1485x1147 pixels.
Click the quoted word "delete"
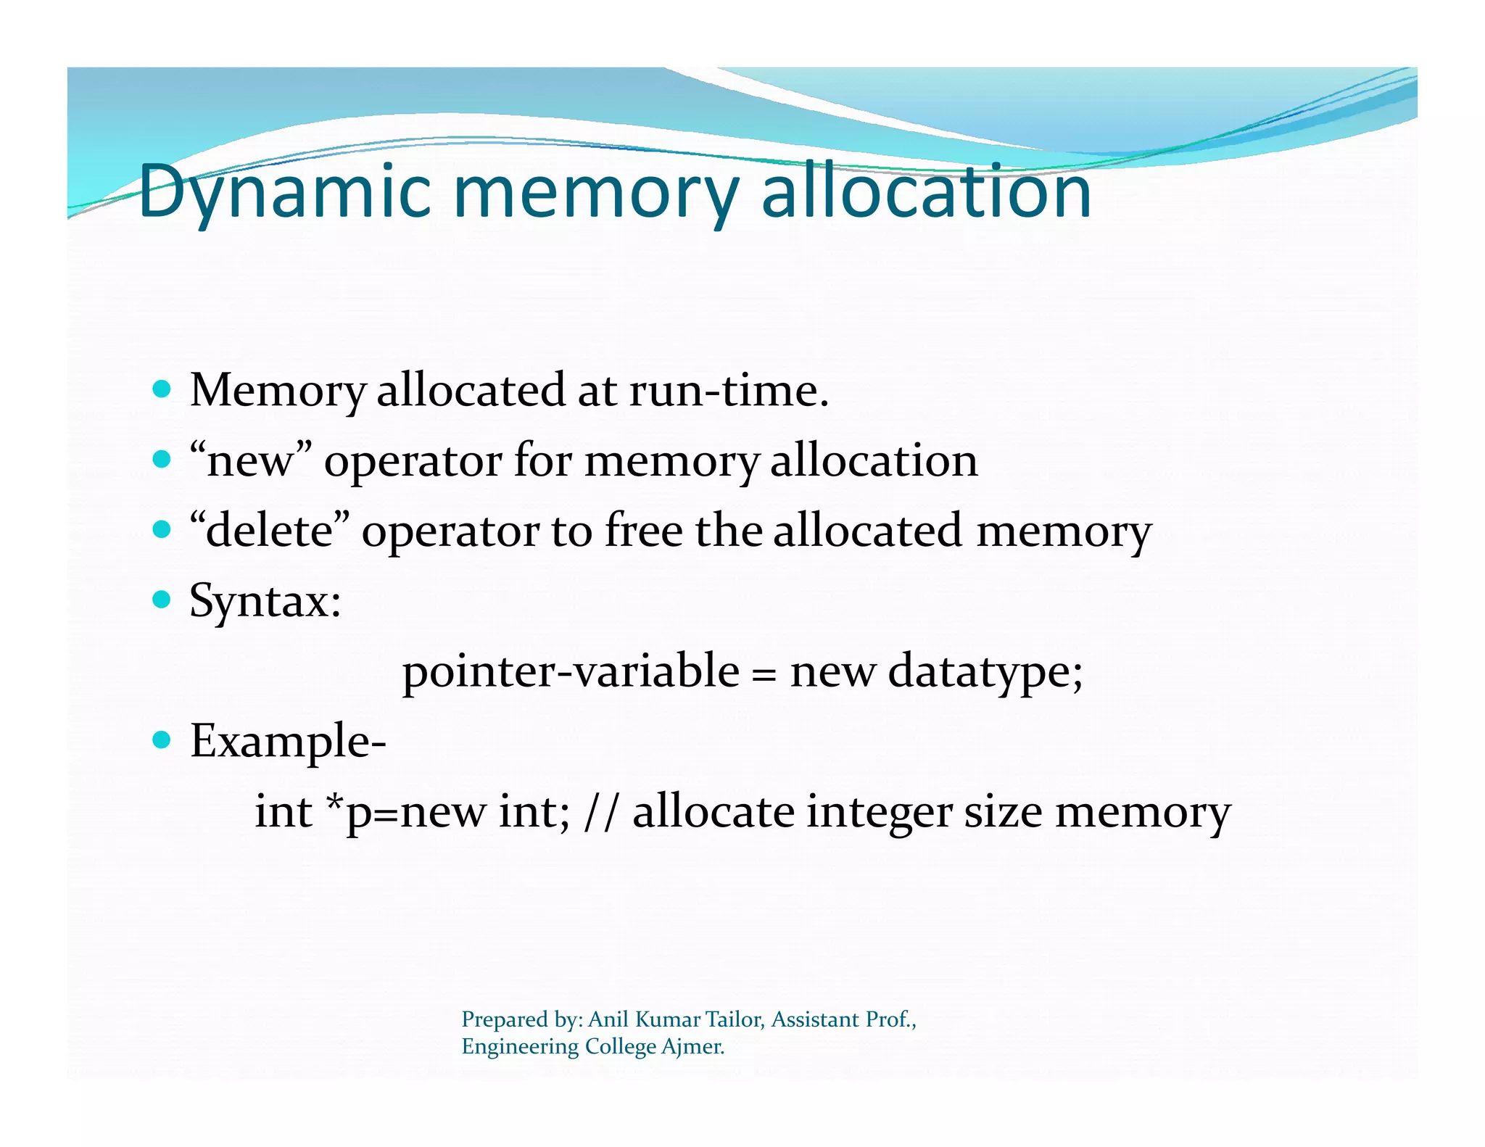269,531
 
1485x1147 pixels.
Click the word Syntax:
265,601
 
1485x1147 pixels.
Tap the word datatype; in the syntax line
985,671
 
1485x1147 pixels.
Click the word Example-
288,741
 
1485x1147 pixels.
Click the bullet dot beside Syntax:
162,600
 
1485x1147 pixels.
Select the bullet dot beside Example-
162,740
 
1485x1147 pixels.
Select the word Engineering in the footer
520,1047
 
